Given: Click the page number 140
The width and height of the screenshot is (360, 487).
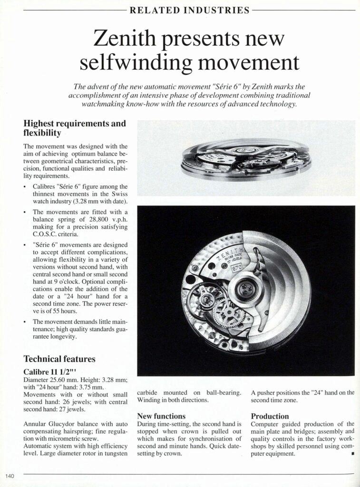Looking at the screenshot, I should [x=10, y=476].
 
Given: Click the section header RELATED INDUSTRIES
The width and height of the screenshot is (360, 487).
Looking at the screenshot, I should [x=190, y=10].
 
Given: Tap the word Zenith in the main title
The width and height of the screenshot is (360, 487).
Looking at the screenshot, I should [x=126, y=39].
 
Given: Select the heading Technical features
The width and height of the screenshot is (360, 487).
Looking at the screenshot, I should [x=59, y=359].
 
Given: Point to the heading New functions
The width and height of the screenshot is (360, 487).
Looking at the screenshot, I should [x=161, y=416].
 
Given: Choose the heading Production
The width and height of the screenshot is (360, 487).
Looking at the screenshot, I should [x=270, y=416].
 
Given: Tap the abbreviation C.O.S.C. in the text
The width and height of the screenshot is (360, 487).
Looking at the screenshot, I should [x=48, y=234].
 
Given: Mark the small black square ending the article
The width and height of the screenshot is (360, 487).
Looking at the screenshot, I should [x=353, y=454].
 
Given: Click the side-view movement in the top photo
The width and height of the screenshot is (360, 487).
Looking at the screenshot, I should [x=246, y=159].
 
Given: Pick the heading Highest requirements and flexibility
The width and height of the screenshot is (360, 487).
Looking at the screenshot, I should [x=75, y=128].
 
